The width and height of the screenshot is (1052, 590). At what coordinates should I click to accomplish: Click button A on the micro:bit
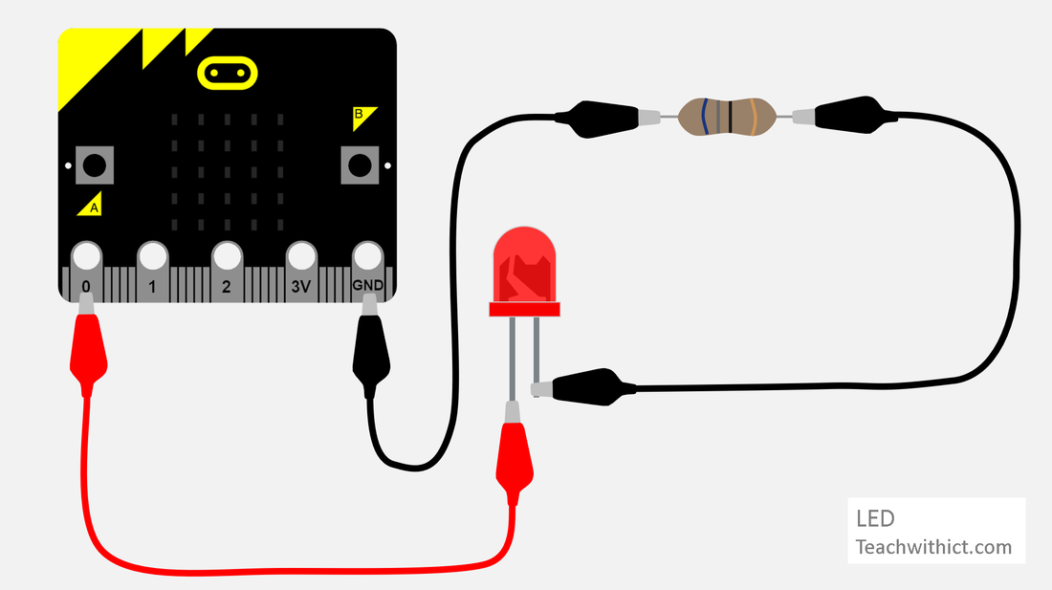click(94, 165)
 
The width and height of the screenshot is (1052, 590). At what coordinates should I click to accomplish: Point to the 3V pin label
click(300, 286)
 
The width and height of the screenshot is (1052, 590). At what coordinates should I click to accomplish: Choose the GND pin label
click(367, 286)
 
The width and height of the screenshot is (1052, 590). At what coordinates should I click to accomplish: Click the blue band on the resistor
click(703, 117)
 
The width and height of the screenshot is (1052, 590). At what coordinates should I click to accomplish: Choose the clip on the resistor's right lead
click(851, 113)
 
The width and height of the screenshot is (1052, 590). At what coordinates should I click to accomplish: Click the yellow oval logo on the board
click(228, 73)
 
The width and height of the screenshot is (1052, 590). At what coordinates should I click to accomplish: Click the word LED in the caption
click(875, 519)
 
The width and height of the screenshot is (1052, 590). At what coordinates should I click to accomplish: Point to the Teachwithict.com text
click(932, 548)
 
